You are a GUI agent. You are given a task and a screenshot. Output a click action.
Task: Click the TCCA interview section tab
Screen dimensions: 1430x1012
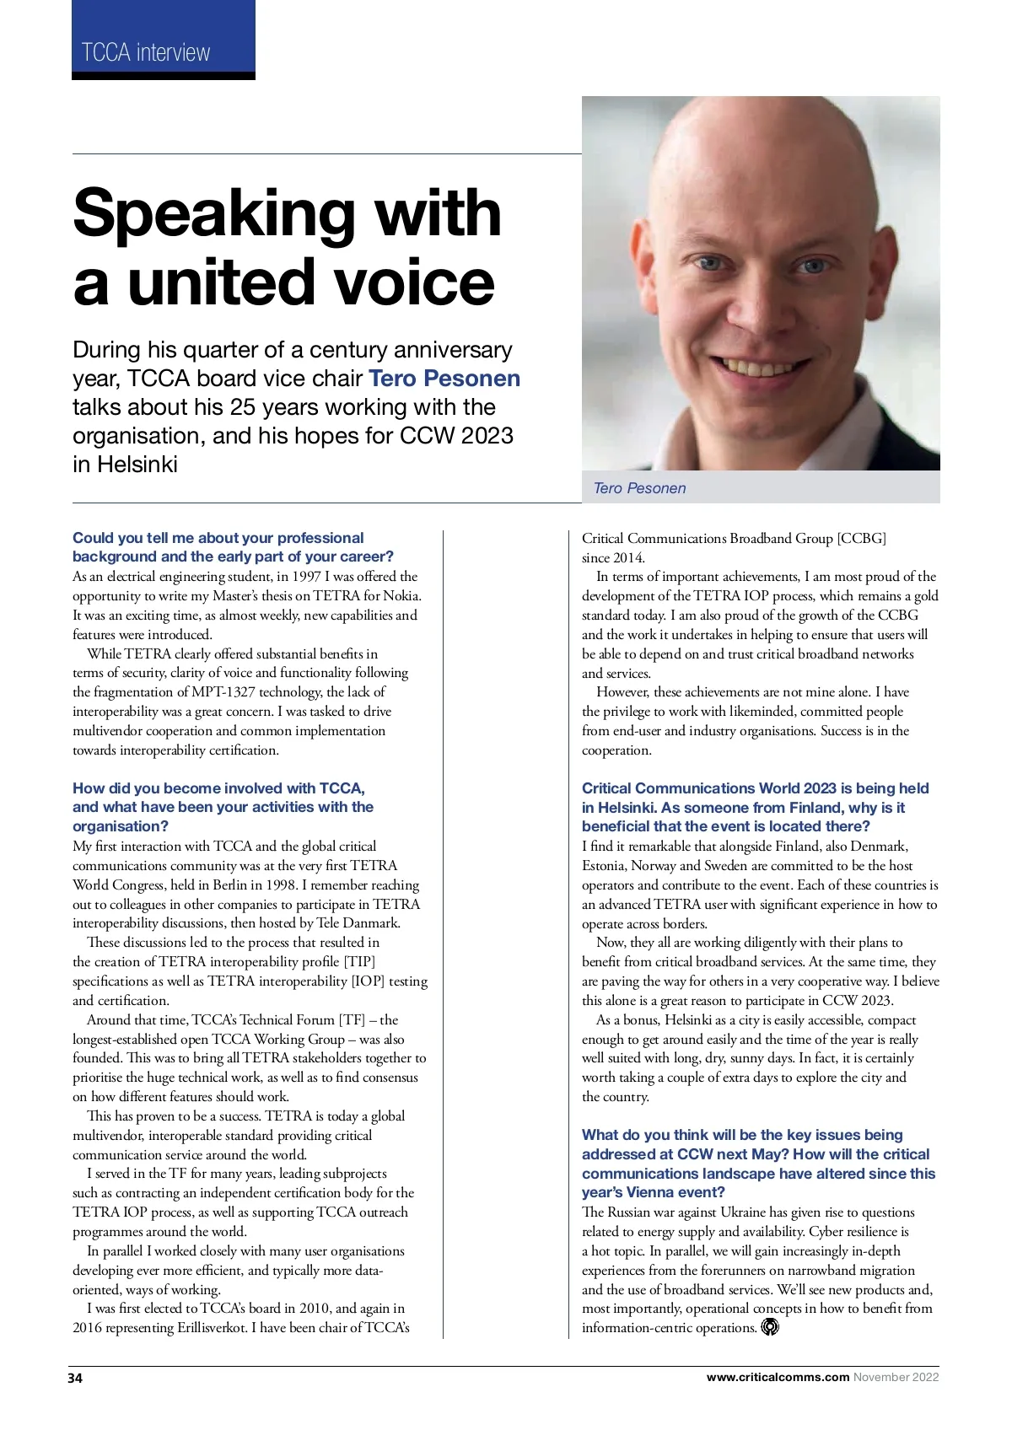click(146, 52)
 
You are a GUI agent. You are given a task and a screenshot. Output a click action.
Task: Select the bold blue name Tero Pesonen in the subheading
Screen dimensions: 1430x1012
click(444, 379)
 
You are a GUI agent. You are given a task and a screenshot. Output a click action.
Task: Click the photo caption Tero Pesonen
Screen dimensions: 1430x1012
click(639, 488)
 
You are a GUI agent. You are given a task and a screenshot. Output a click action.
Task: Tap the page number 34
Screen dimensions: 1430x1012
click(75, 1378)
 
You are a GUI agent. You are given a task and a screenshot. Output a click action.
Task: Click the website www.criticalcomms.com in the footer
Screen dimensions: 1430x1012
click(778, 1377)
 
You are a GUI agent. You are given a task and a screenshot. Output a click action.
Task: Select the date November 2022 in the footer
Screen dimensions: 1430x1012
click(896, 1377)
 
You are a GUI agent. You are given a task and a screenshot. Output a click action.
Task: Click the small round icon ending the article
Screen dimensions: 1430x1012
click(770, 1327)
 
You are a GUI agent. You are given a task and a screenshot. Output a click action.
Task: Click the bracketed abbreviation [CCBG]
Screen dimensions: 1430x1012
click(861, 538)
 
